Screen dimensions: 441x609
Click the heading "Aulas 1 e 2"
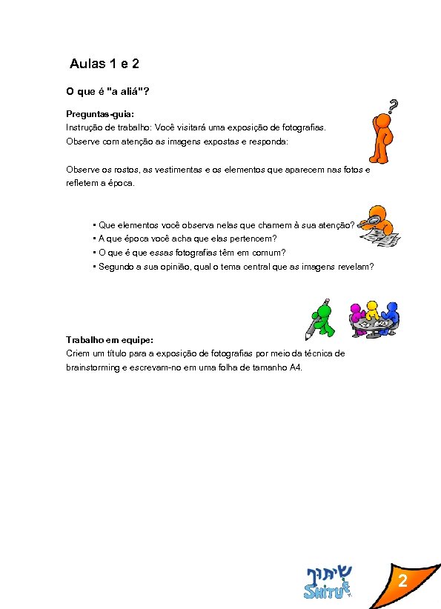tap(104, 64)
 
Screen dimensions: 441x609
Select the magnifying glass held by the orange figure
tap(367, 220)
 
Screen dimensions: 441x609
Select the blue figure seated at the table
tap(391, 313)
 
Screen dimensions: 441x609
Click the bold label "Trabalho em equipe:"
tap(110, 340)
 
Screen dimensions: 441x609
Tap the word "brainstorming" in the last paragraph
tap(92, 367)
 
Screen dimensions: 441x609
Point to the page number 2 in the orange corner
tap(402, 582)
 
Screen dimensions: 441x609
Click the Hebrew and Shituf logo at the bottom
tap(328, 582)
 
